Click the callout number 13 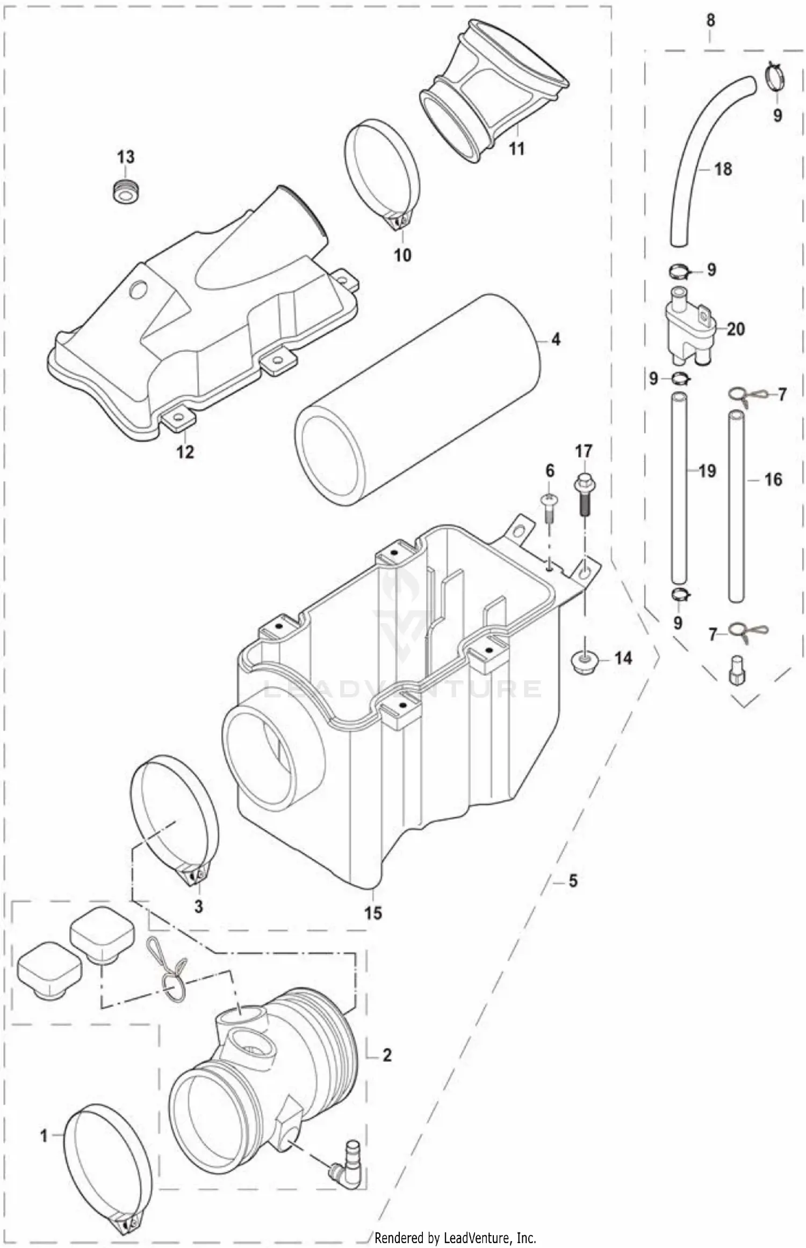[126, 158]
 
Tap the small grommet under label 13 [126, 190]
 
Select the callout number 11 [516, 148]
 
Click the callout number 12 [185, 452]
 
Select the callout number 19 [707, 472]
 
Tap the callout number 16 [773, 480]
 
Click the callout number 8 [710, 20]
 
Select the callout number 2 [386, 1055]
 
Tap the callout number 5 [573, 881]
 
